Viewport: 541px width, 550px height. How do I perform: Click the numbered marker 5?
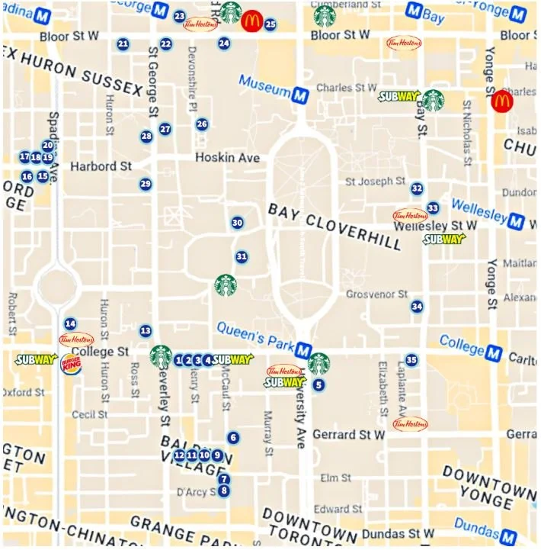coord(319,385)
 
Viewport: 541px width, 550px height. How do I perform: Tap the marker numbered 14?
coord(70,323)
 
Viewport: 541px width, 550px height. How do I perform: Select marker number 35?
coord(411,360)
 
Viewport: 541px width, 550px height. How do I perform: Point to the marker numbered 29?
coord(146,184)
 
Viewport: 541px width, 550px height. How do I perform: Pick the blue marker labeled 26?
coord(202,124)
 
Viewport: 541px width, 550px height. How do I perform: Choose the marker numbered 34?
coord(417,307)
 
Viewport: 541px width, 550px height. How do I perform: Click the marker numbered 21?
coord(123,44)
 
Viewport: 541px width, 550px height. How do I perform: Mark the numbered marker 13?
coord(146,331)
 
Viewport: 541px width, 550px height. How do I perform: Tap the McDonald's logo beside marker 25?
coord(251,22)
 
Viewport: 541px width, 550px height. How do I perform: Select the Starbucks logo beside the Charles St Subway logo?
coord(434,100)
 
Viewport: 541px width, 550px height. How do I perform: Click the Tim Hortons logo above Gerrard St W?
coord(410,423)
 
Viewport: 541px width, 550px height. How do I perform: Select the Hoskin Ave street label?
coord(227,158)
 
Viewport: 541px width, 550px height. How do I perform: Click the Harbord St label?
coord(101,166)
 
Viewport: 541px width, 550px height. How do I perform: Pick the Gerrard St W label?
coord(350,435)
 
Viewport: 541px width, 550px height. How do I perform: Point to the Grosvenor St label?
coord(377,294)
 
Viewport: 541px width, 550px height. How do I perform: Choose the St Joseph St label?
coord(375,182)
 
